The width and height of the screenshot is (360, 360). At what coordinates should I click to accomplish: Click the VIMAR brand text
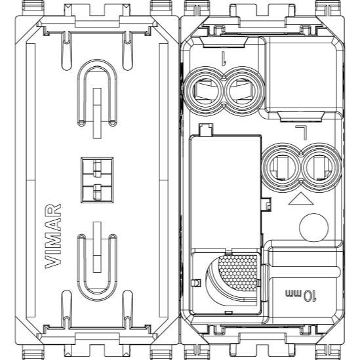point(53,236)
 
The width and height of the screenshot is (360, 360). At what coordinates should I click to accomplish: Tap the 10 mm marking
point(301,295)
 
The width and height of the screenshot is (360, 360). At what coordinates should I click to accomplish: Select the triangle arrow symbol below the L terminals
point(301,199)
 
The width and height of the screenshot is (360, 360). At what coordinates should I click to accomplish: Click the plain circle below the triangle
point(314,228)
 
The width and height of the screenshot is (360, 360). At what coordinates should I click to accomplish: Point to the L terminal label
point(301,132)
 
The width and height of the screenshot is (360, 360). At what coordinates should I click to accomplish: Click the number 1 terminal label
point(224,58)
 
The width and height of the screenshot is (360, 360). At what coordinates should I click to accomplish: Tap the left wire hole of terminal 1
point(204,91)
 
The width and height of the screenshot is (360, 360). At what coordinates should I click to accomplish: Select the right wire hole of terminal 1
point(243,91)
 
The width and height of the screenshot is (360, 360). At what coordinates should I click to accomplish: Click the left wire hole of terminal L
point(281,167)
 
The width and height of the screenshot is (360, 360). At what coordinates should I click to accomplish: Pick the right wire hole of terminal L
point(320,167)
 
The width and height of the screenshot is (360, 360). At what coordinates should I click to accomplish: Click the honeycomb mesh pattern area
point(238,272)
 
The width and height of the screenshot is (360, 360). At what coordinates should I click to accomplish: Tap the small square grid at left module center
point(97,180)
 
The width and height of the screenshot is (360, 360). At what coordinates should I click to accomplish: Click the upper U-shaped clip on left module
point(97,92)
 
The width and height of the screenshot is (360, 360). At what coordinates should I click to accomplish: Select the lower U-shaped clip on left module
point(97,268)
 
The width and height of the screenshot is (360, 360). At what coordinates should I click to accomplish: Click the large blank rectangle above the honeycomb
point(225,192)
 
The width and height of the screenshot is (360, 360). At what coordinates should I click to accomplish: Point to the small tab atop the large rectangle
point(207,129)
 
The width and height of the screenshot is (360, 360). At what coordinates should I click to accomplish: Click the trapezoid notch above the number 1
point(223,42)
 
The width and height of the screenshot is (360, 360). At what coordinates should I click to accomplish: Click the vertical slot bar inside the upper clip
point(97,113)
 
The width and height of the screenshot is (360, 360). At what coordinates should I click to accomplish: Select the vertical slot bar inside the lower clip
point(97,247)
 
